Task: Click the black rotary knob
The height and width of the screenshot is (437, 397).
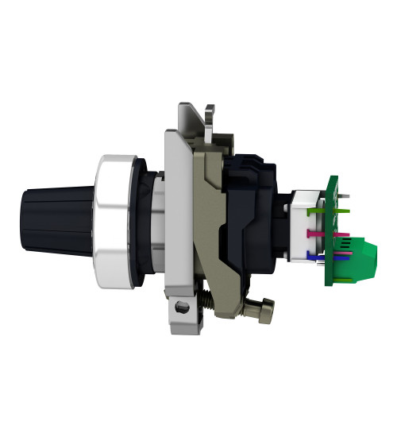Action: [60, 215]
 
